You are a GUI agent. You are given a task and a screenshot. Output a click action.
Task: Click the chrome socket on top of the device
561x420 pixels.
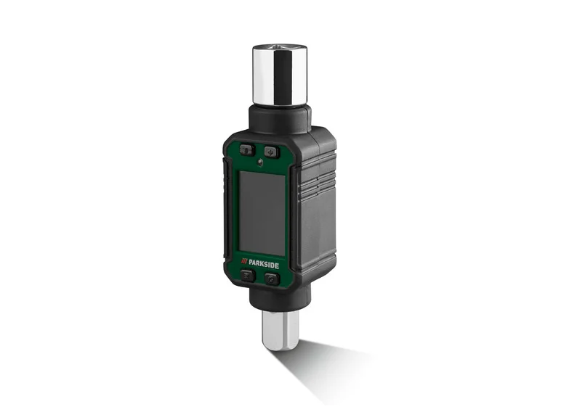point(280,76)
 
